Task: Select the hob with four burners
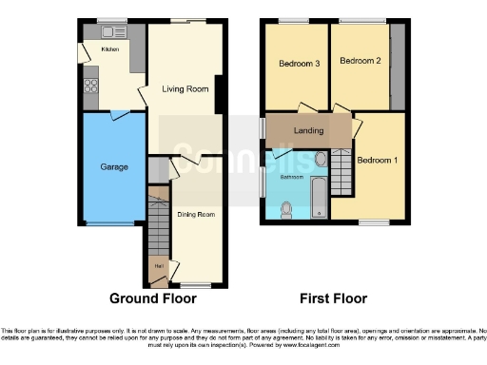click(92, 86)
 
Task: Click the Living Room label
click(185, 89)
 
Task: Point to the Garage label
click(115, 166)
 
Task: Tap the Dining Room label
click(197, 215)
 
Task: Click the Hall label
click(157, 265)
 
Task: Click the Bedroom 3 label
click(298, 64)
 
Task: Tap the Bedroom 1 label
click(377, 160)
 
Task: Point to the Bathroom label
click(291, 177)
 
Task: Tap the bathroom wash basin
click(321, 159)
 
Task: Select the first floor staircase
click(341, 172)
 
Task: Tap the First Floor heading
click(333, 298)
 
